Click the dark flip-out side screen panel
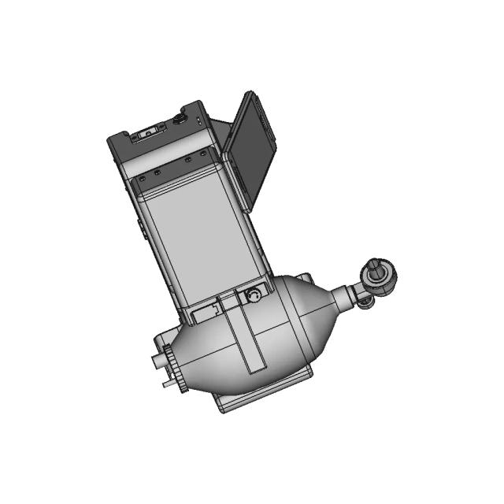pyautogui.click(x=251, y=145)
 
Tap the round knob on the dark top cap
pyautogui.click(x=180, y=120)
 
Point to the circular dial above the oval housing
pyautogui.click(x=254, y=296)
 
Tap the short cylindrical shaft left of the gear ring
pyautogui.click(x=160, y=363)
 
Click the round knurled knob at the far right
pyautogui.click(x=380, y=276)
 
